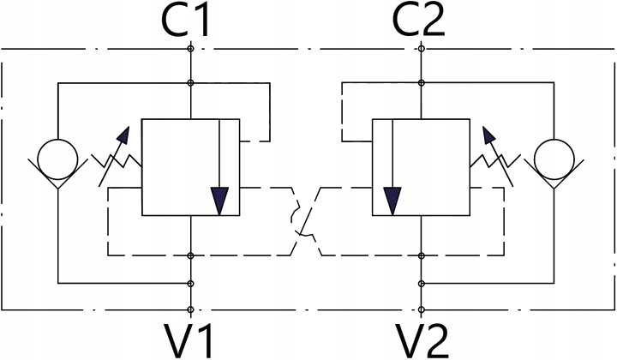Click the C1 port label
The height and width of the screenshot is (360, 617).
[x=189, y=23]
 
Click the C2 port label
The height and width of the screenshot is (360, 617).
[x=421, y=23]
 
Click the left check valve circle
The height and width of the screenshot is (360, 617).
[x=57, y=158]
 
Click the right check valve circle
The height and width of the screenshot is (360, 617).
[x=551, y=158]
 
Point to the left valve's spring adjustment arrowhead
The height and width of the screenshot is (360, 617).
[x=125, y=135]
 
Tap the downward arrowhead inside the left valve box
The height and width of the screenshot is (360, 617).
[x=221, y=201]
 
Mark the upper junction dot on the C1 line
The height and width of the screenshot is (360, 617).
[x=189, y=83]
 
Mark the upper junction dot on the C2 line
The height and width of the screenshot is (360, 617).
[x=421, y=83]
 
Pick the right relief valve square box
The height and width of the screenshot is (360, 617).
[x=421, y=167]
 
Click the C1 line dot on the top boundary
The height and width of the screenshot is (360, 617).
[x=189, y=50]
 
